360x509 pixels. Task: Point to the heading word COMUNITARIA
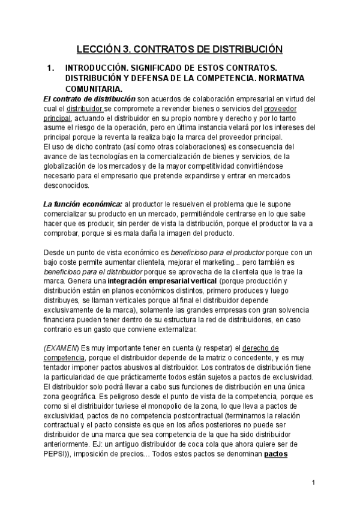tap(94, 88)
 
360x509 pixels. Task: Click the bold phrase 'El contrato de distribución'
tap(89, 98)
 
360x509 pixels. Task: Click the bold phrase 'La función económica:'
tap(83, 205)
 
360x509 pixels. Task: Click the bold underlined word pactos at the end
tap(277, 455)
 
